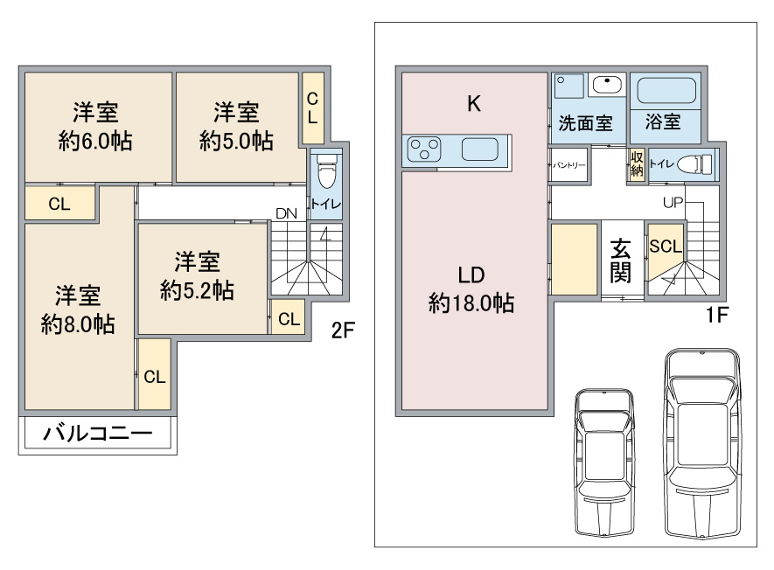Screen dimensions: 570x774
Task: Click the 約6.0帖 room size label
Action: point(96,142)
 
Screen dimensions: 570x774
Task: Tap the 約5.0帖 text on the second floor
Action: point(236,142)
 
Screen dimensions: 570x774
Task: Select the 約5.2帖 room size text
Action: point(197,290)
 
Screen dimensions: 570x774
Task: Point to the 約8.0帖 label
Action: point(77,323)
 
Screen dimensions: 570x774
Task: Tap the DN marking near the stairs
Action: point(285,213)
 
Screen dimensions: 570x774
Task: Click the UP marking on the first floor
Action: point(673,203)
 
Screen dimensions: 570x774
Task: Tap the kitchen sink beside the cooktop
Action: point(480,149)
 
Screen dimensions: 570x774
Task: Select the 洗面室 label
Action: point(585,123)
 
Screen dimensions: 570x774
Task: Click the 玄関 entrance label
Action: point(621,261)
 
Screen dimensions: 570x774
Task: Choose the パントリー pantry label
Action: point(568,164)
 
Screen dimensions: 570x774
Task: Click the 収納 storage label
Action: point(637,163)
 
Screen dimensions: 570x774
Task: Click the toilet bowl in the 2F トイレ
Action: point(326,173)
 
